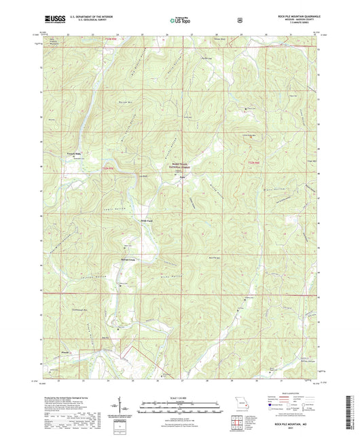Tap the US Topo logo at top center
(180, 21)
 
